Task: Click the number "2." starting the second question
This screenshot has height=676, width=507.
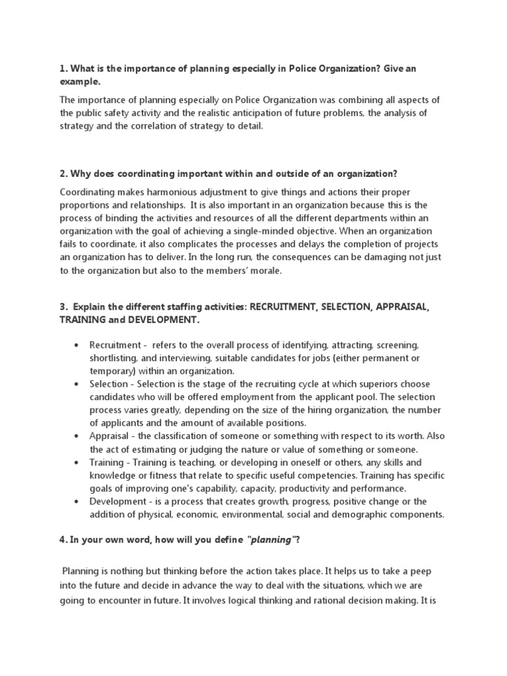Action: pyautogui.click(x=64, y=174)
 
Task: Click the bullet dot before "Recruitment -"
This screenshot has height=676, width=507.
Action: pyautogui.click(x=78, y=345)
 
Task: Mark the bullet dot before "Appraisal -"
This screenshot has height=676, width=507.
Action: pyautogui.click(x=78, y=436)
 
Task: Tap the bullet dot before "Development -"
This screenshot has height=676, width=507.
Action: pyautogui.click(x=78, y=502)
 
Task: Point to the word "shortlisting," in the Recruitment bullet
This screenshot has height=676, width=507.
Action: pyautogui.click(x=114, y=358)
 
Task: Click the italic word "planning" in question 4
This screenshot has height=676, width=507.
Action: pyautogui.click(x=269, y=540)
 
